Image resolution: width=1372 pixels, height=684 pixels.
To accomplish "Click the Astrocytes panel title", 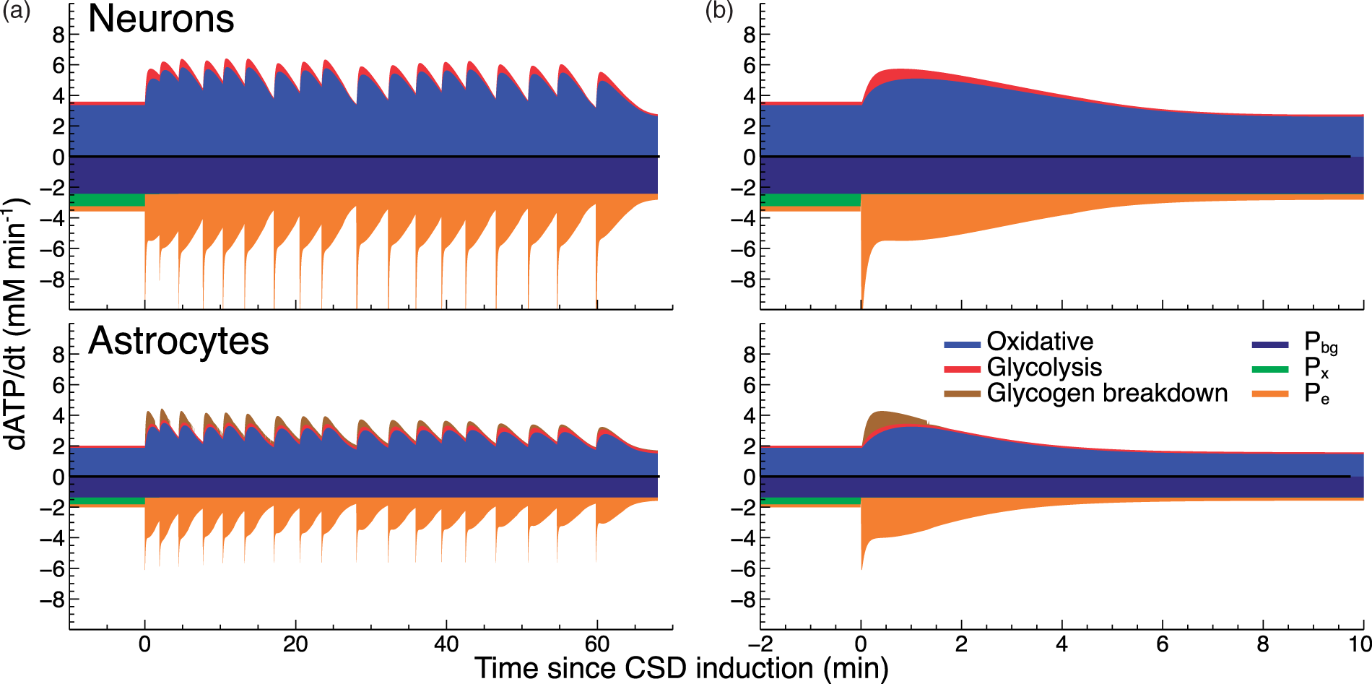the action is point(178,341).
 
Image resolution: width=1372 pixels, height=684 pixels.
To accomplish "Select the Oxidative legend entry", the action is point(1018,342).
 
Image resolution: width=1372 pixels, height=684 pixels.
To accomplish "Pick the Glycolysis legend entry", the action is point(1023,368).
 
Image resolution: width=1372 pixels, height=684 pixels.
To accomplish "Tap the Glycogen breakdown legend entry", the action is point(1085,393).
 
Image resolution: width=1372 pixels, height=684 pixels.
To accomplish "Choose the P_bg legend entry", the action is point(1295,343).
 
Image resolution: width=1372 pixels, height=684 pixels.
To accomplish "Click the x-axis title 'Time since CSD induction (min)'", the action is point(681,668).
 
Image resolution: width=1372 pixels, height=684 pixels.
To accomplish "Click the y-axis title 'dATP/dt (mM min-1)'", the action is point(17,322).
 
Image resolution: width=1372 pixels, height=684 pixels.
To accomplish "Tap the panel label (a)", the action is point(16,11).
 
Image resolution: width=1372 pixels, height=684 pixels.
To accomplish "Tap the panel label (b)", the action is point(719,11).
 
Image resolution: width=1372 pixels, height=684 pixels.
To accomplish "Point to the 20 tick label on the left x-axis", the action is point(295,644).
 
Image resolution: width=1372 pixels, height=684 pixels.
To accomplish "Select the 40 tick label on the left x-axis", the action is point(446,644).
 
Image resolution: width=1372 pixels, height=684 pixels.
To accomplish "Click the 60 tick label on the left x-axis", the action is point(597,644).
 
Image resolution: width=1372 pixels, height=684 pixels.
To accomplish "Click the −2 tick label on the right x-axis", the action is point(760,644).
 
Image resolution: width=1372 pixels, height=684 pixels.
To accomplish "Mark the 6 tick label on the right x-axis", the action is point(1162,644).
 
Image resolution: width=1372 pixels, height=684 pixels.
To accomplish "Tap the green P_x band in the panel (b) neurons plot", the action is point(810,200).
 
